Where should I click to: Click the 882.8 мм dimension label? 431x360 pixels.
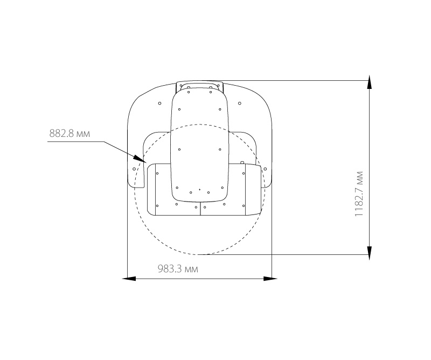click(x=69, y=134)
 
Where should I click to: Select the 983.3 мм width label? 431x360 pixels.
click(x=178, y=269)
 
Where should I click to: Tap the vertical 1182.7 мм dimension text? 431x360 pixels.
click(x=359, y=194)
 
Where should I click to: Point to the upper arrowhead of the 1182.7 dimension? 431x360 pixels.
click(x=370, y=82)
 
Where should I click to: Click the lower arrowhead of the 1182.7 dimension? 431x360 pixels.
click(x=370, y=253)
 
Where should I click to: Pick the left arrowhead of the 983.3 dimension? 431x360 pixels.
click(x=129, y=279)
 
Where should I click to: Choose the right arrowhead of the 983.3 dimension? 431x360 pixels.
click(x=270, y=279)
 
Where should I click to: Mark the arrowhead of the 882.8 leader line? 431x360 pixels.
click(x=140, y=158)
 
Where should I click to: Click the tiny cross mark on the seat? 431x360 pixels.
click(x=200, y=190)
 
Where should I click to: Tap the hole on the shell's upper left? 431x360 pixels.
click(x=159, y=103)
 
